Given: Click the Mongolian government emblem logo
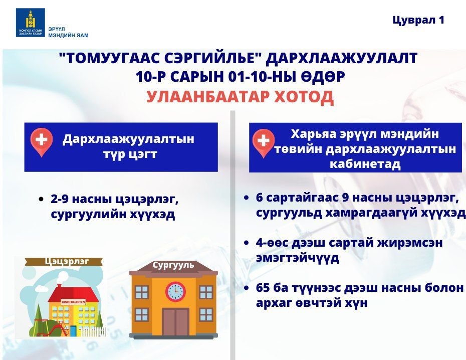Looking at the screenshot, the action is point(30,23).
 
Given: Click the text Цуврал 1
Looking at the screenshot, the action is point(418,20).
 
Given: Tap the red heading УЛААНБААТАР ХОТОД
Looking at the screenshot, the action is point(240,97).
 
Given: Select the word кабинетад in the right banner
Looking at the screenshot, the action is point(365,164).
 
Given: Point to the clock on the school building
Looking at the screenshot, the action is point(175,290).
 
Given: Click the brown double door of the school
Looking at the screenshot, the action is point(175,322).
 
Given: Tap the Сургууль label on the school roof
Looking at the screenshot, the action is point(173,265).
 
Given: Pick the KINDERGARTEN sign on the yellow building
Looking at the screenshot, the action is point(73,302).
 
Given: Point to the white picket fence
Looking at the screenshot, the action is point(93,331).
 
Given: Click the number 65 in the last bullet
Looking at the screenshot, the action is point(263,288).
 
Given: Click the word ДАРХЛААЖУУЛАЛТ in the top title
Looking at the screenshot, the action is point(341,58).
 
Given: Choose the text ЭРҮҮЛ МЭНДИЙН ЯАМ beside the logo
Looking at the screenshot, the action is point(68,32).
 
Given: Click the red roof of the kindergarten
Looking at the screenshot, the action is point(73,294).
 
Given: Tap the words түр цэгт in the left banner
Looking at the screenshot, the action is point(130,154).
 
